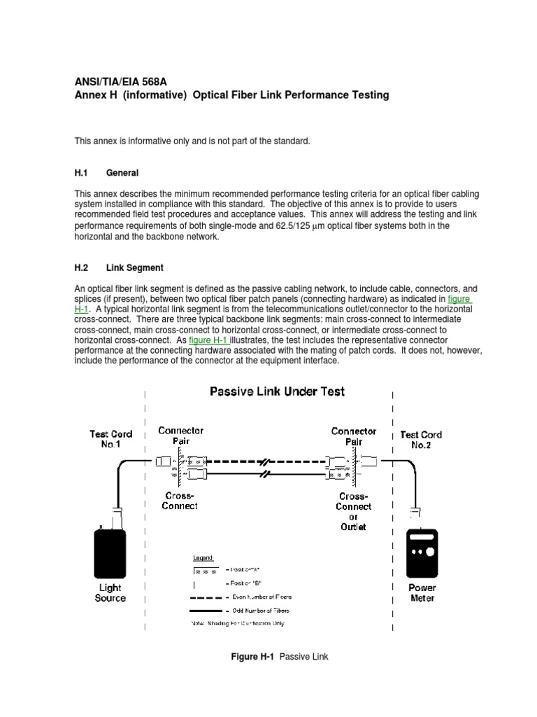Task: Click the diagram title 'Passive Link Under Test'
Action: [x=277, y=392]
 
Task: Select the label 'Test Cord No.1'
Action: [x=110, y=439]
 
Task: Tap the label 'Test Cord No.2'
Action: [x=421, y=440]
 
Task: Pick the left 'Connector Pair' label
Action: [x=180, y=436]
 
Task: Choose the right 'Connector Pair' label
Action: [x=354, y=437]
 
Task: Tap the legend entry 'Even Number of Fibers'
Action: [x=262, y=597]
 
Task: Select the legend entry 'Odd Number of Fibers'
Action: [x=262, y=611]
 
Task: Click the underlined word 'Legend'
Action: [x=203, y=558]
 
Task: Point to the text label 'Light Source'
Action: [x=110, y=593]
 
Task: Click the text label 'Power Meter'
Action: [x=422, y=593]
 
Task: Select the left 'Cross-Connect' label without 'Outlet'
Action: [x=180, y=501]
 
